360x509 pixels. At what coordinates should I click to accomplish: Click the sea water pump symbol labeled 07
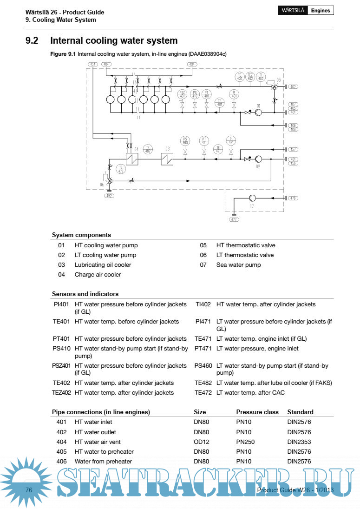252,198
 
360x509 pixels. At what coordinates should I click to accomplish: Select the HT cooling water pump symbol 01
259,112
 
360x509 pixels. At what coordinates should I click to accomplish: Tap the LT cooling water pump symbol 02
259,159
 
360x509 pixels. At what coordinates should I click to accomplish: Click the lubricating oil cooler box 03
167,159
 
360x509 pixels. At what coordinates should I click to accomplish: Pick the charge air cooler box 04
132,159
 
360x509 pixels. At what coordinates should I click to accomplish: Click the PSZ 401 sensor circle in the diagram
182,94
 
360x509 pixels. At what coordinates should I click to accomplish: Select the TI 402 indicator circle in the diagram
261,77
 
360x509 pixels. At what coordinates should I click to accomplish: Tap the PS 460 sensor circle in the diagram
185,140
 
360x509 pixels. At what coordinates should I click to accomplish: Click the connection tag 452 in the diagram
110,196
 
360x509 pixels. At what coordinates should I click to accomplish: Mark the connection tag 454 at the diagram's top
93,64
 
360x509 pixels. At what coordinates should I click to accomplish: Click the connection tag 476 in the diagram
293,198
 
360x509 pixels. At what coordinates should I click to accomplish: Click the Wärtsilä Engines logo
306,10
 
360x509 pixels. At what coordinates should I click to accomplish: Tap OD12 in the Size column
201,442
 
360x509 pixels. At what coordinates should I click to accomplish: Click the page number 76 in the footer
29,490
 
